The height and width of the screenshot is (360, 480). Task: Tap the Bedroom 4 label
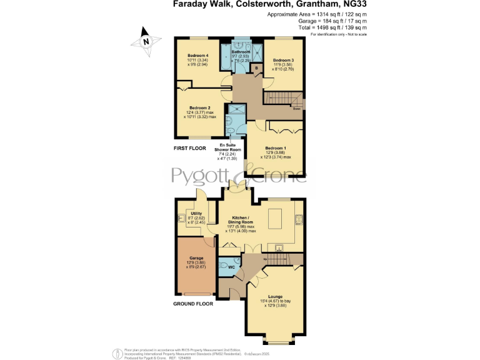pyautogui.click(x=197, y=56)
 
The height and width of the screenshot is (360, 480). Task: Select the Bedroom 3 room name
pyautogui.click(x=283, y=61)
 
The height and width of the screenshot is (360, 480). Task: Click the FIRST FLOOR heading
pyautogui.click(x=190, y=149)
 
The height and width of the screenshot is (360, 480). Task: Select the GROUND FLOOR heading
pyautogui.click(x=193, y=304)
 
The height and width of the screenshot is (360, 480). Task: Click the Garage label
pyautogui.click(x=196, y=257)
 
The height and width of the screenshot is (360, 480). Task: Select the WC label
pyautogui.click(x=231, y=267)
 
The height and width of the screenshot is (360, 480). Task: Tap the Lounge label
pyautogui.click(x=275, y=296)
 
